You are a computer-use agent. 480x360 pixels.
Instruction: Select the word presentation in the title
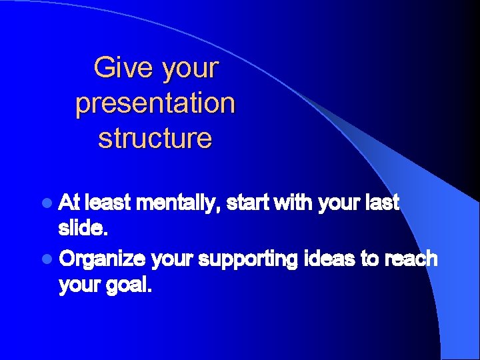155,103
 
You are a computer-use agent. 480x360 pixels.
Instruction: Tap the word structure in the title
155,138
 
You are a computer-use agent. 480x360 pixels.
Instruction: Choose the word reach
413,259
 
